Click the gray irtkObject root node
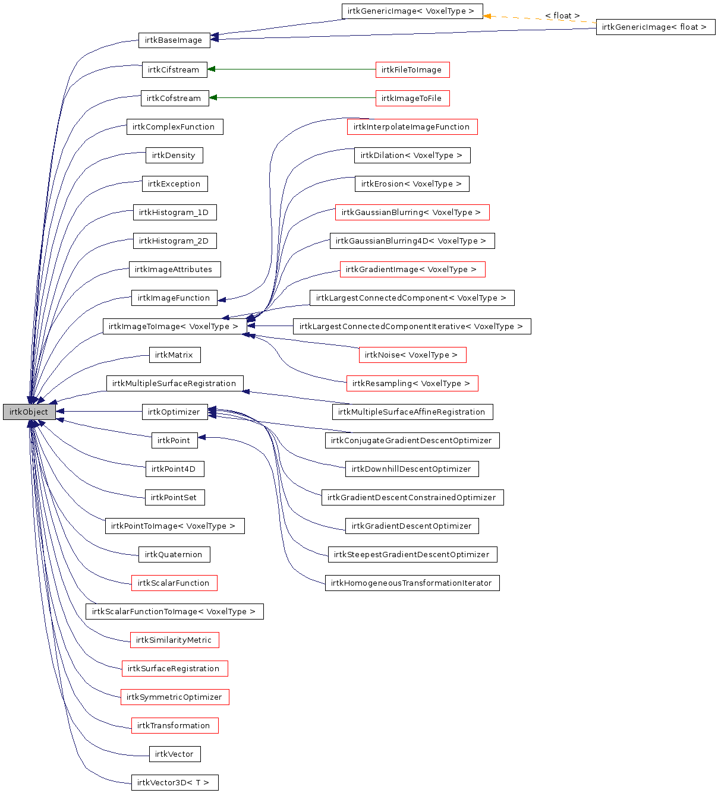29,412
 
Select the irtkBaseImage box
174,40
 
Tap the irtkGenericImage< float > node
655,27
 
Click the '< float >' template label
562,15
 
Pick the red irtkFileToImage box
412,69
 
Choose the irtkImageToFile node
412,98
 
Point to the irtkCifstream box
174,69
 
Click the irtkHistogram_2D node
174,241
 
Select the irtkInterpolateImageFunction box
412,127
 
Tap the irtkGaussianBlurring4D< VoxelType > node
411,241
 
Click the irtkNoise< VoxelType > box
412,355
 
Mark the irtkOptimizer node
174,412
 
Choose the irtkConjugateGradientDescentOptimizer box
412,440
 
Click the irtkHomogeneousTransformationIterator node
412,583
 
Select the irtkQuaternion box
174,554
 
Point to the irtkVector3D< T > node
174,782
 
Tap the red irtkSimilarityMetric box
174,640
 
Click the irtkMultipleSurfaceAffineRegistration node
412,412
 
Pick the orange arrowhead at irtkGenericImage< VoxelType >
487,15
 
